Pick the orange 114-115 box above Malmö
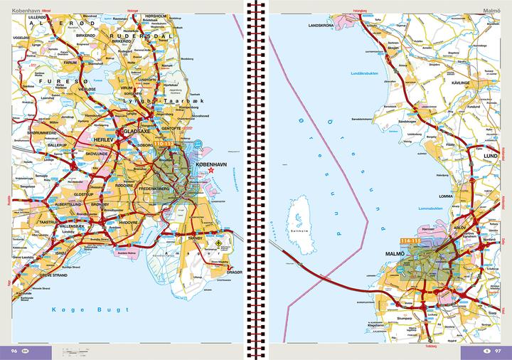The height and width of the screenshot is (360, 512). pos(410,242)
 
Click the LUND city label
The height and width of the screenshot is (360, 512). pos(489,154)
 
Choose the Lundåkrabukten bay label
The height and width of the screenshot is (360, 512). pos(366,73)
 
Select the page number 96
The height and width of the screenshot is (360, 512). pos(14,351)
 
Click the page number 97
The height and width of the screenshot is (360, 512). pos(498,351)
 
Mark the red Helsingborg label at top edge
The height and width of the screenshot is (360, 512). pos(363,11)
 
